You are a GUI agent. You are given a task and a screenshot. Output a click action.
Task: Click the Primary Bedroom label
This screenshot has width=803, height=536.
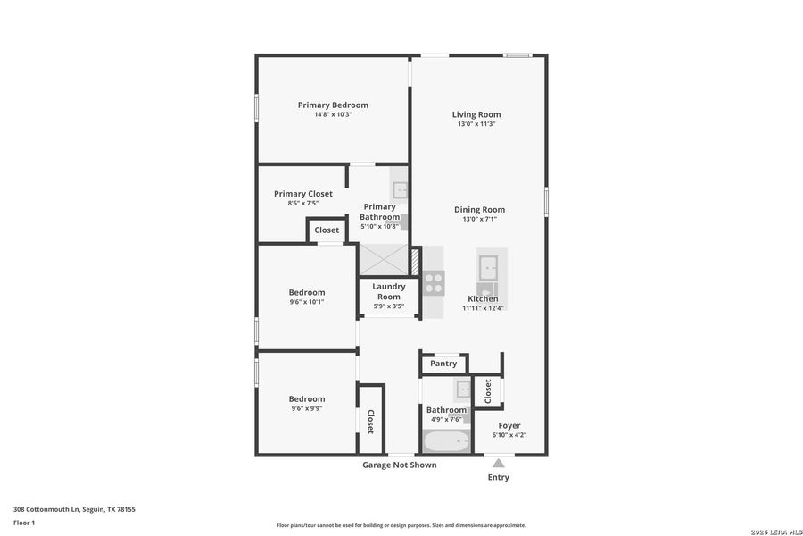click(333, 105)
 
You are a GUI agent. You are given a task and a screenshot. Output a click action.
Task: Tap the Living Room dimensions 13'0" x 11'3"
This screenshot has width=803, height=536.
click(476, 124)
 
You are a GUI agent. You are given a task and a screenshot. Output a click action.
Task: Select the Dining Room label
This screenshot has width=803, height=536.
click(479, 210)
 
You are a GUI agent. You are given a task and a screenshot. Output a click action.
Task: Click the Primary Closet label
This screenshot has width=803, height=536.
click(303, 194)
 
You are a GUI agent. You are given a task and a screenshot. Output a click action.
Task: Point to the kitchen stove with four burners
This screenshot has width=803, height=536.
click(434, 283)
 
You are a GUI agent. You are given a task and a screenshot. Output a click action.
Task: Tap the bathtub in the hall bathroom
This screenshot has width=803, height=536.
click(446, 441)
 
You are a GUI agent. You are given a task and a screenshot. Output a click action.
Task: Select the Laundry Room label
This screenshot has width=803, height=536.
click(389, 291)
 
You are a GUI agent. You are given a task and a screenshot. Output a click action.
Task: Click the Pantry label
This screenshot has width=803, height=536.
click(443, 364)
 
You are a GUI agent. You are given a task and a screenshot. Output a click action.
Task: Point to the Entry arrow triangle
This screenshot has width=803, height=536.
click(499, 463)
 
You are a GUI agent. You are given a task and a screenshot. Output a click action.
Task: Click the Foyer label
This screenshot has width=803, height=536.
click(509, 426)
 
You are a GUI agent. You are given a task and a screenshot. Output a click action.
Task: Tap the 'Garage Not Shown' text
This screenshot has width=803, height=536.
click(399, 465)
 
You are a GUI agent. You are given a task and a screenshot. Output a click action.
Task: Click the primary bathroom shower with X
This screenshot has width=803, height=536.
click(384, 260)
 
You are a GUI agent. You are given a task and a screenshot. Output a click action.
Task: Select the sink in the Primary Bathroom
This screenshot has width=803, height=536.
click(401, 190)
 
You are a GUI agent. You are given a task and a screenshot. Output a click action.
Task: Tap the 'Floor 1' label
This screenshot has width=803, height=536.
click(24, 523)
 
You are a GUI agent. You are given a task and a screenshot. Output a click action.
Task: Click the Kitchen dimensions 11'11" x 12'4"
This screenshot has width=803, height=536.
click(483, 308)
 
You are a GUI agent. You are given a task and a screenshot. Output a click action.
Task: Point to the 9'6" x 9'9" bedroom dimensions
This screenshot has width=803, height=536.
click(306, 409)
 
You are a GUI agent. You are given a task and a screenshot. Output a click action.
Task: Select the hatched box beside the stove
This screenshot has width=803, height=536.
click(415, 261)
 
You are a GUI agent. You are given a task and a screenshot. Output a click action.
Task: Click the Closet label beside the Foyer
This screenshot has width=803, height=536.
click(488, 389)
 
